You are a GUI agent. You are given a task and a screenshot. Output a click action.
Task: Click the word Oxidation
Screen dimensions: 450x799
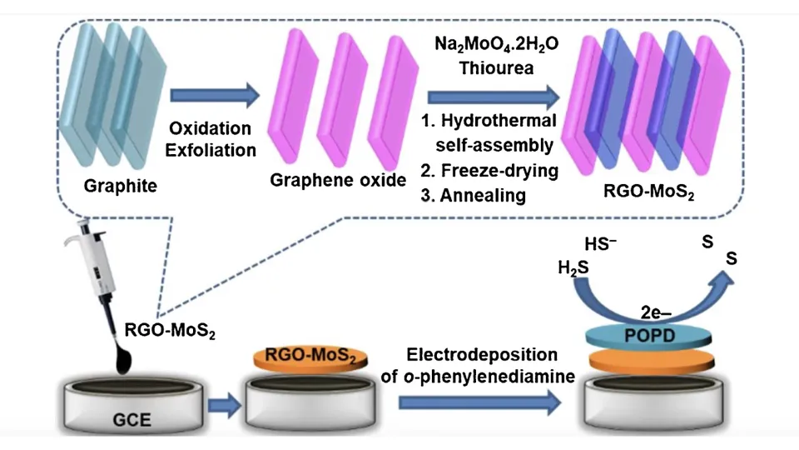point(210,129)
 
